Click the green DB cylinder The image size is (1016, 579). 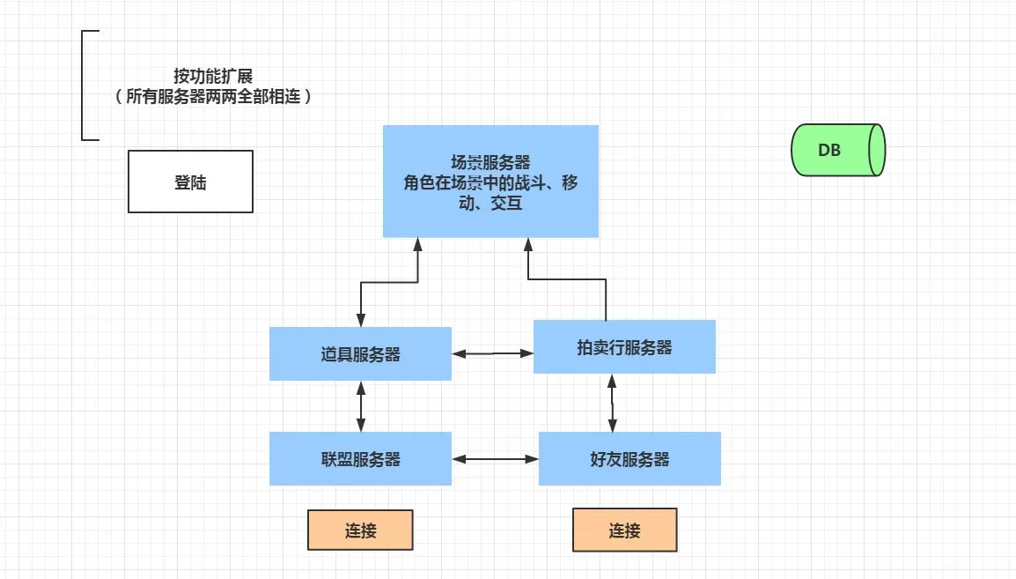(x=837, y=150)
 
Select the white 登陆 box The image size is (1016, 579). (x=190, y=182)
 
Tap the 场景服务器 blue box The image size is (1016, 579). (x=490, y=181)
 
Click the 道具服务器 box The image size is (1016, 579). (x=360, y=354)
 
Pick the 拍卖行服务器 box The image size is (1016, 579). (x=624, y=347)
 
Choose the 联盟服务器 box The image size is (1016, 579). (x=360, y=459)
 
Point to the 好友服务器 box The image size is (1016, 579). (x=629, y=459)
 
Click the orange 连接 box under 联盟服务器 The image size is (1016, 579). (x=360, y=531)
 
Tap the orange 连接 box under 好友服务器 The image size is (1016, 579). (x=624, y=531)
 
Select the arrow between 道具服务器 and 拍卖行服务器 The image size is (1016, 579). (x=492, y=353)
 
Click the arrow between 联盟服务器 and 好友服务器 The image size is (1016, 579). (x=494, y=459)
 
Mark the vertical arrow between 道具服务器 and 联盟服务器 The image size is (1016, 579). (x=361, y=406)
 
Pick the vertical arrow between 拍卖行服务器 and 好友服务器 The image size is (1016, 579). (x=613, y=403)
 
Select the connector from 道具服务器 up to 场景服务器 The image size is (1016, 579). (x=387, y=283)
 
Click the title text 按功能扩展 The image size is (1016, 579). (x=213, y=77)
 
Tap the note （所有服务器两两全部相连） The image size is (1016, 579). (x=213, y=97)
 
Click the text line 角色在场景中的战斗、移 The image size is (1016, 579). (x=490, y=183)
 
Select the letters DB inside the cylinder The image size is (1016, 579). (x=829, y=150)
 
